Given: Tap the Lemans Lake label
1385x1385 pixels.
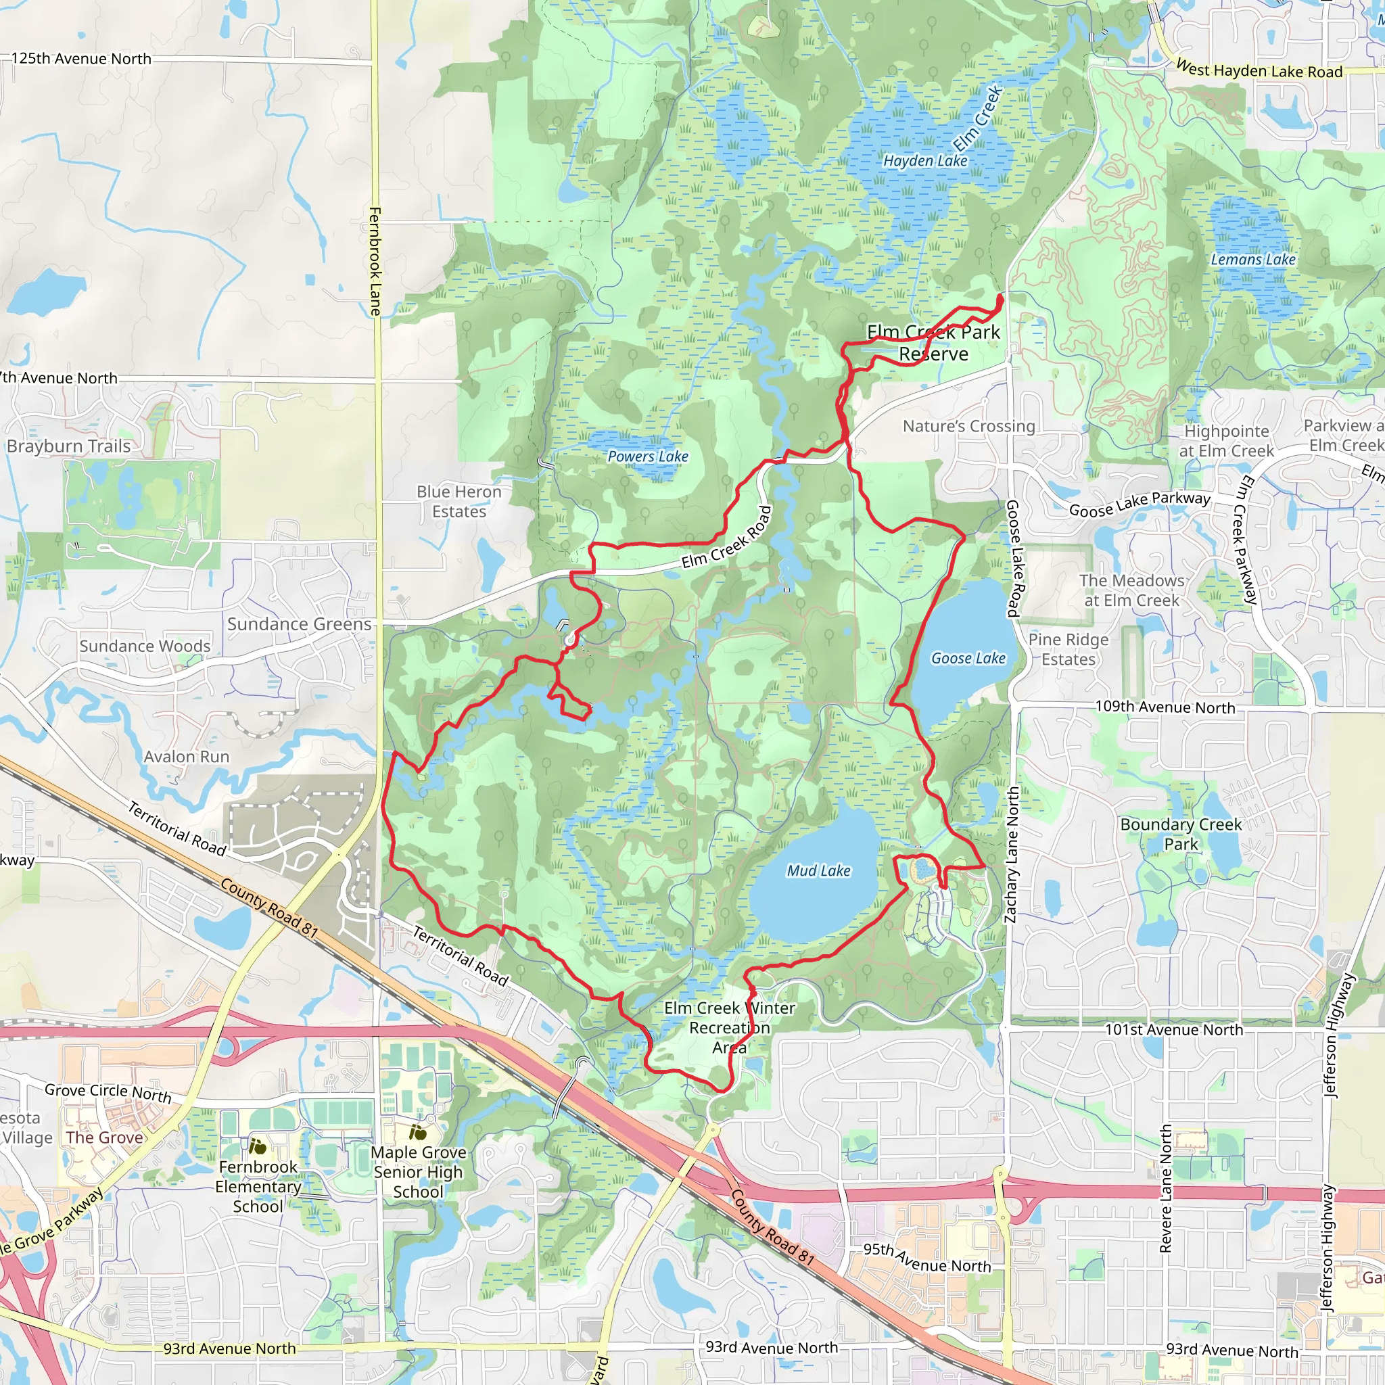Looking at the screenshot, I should click(x=1253, y=260).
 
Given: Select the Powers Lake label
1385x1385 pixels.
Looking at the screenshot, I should click(x=647, y=456).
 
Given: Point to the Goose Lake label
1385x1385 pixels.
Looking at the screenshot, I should click(x=968, y=658).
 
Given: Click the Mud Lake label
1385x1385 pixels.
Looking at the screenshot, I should click(x=818, y=870).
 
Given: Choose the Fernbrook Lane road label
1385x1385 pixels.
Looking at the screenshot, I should click(x=375, y=262).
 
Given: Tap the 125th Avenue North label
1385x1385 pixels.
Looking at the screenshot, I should click(x=81, y=59).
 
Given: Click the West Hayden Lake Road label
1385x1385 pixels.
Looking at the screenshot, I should click(x=1259, y=70).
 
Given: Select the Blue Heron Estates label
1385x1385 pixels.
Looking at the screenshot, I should click(x=459, y=502).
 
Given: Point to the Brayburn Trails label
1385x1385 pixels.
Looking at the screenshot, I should click(x=69, y=446).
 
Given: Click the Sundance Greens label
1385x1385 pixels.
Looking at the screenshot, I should click(x=299, y=624).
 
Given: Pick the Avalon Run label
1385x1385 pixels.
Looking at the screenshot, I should click(x=187, y=757).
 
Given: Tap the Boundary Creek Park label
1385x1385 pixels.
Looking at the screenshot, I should click(x=1181, y=835).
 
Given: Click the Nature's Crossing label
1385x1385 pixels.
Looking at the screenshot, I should click(x=968, y=427).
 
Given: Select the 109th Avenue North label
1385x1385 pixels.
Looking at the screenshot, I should click(x=1165, y=707).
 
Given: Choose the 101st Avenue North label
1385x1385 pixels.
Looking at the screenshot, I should click(x=1173, y=1030).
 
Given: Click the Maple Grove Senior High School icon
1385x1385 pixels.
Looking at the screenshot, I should click(x=418, y=1133).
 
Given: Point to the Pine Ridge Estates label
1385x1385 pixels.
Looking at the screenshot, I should click(x=1068, y=649).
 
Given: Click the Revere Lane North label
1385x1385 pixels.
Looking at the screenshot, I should click(x=1166, y=1189).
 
